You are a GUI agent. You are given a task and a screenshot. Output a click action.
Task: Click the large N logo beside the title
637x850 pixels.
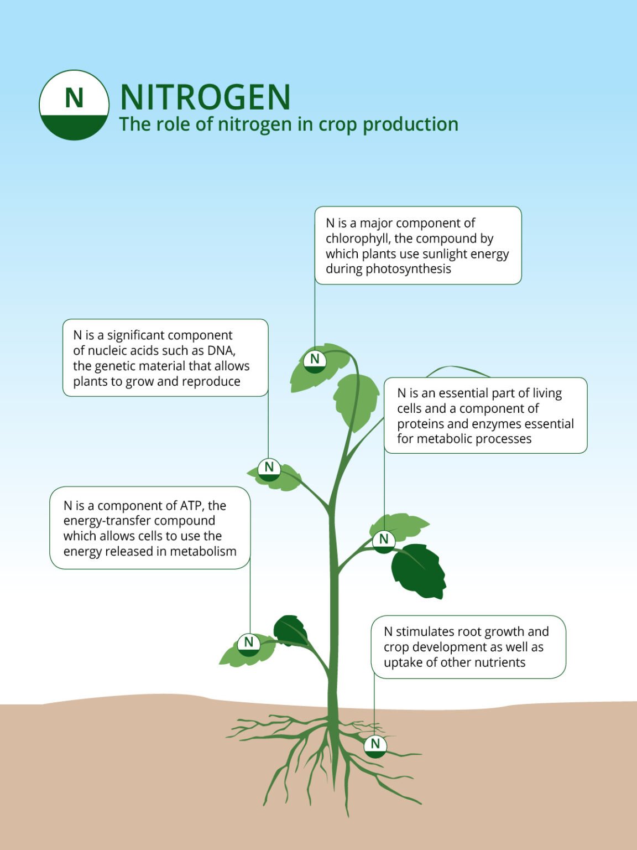[74, 105]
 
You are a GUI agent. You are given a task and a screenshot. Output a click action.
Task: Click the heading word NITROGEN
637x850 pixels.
[205, 97]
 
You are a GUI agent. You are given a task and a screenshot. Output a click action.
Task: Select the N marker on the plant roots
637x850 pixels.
[375, 745]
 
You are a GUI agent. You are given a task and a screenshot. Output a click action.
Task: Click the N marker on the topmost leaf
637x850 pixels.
[315, 360]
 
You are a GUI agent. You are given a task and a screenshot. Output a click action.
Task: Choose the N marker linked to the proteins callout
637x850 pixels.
[384, 540]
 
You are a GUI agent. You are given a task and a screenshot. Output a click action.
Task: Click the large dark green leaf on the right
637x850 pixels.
[419, 570]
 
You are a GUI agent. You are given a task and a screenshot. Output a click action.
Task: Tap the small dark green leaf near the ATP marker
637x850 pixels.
[291, 630]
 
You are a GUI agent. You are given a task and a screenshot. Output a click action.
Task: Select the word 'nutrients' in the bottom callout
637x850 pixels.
[498, 662]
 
